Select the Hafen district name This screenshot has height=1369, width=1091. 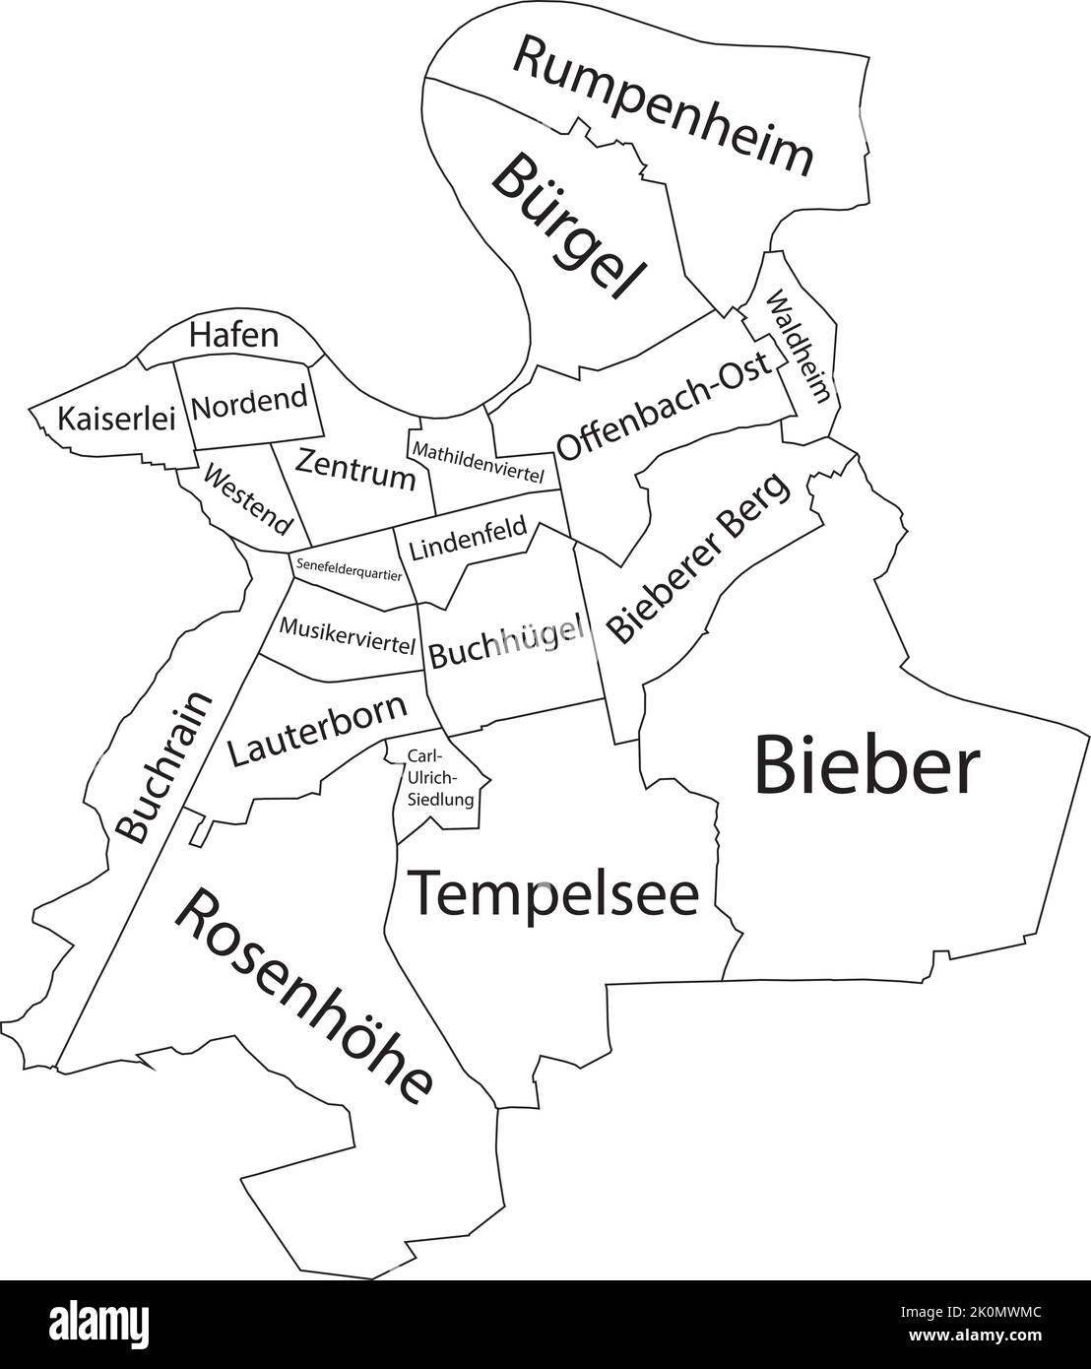click(233, 335)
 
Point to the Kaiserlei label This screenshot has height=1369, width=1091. click(115, 419)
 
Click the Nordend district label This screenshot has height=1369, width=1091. click(250, 402)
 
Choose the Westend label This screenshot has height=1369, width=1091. click(249, 496)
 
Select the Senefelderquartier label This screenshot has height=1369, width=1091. click(349, 568)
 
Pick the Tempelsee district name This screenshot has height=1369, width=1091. click(552, 893)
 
